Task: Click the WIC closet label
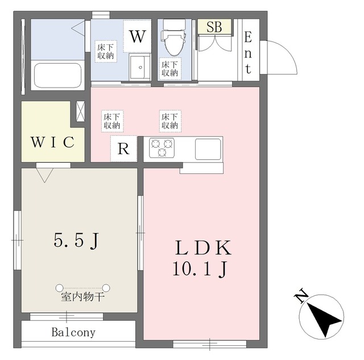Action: click(53, 142)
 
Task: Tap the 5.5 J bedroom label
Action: click(77, 241)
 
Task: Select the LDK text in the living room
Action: click(204, 247)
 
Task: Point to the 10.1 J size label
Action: click(200, 269)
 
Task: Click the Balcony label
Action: click(73, 332)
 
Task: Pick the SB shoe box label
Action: click(214, 27)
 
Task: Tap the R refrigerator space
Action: click(124, 148)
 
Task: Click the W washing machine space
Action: click(138, 36)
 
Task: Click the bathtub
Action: click(58, 76)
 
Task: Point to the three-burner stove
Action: click(162, 148)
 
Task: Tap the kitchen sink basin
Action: click(208, 149)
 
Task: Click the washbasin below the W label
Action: click(140, 67)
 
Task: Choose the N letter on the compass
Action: click(301, 296)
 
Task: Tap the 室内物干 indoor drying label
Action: click(82, 297)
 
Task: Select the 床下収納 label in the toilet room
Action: click(170, 69)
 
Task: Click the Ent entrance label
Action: click(248, 53)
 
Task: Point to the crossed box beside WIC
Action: click(80, 111)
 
